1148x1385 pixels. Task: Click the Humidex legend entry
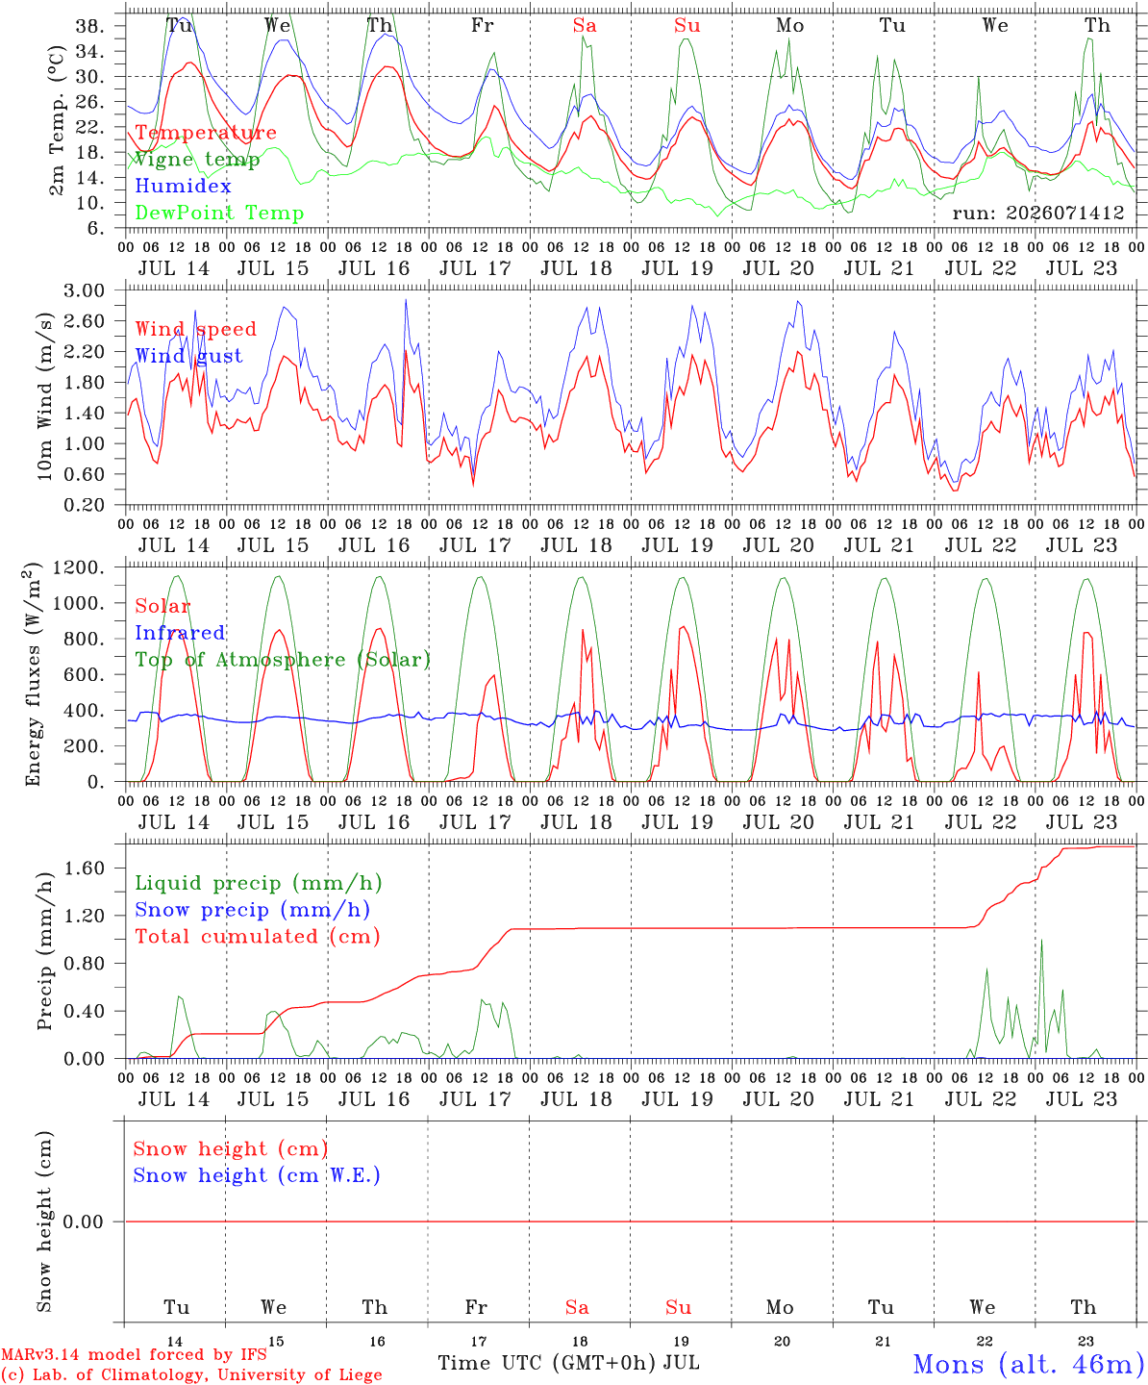(x=183, y=186)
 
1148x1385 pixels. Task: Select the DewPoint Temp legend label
(x=219, y=213)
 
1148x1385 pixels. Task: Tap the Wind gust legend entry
(x=188, y=356)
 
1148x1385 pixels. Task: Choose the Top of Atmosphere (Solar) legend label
(x=284, y=660)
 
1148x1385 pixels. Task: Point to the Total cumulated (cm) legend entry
(x=258, y=937)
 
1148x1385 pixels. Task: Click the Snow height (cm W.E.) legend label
(x=256, y=1175)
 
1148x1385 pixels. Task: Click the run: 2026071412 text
(x=1037, y=213)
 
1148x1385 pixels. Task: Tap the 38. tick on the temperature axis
(x=90, y=26)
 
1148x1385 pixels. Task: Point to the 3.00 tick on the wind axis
(x=84, y=290)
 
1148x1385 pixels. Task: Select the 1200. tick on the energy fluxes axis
(x=79, y=567)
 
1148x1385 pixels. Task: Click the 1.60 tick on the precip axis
(x=84, y=868)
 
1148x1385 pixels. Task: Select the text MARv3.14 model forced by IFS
(x=134, y=1354)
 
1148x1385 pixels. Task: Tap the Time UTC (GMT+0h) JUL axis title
(x=568, y=1363)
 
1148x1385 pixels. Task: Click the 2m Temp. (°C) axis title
(x=57, y=121)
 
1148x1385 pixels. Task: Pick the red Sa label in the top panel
(x=585, y=26)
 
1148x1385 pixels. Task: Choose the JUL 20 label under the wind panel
(x=778, y=545)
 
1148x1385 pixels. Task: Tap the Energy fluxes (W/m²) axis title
(x=33, y=674)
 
